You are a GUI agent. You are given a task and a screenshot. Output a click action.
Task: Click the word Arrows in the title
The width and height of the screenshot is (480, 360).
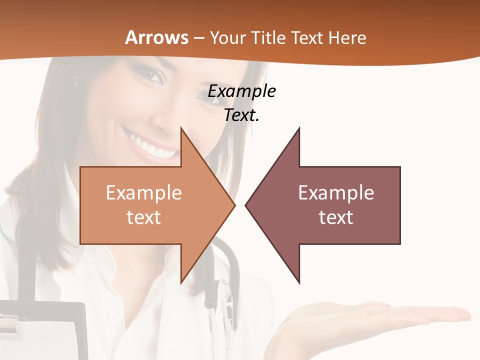coord(156,37)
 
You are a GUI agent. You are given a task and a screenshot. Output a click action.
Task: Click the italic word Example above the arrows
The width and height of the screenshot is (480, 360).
coord(242,91)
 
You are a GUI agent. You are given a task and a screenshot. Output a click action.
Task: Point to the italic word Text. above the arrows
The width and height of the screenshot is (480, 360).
coord(242,115)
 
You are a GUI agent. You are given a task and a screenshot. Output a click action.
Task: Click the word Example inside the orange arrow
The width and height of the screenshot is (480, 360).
coord(143,192)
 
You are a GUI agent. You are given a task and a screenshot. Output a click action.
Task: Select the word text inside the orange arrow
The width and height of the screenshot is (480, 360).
coord(143,217)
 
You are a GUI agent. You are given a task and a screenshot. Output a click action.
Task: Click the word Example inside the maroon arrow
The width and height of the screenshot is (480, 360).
coord(336,192)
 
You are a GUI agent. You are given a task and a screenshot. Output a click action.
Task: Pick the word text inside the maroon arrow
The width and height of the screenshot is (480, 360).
coord(336,217)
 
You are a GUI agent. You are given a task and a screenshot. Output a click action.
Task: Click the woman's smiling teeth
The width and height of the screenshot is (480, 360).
coord(150,146)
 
